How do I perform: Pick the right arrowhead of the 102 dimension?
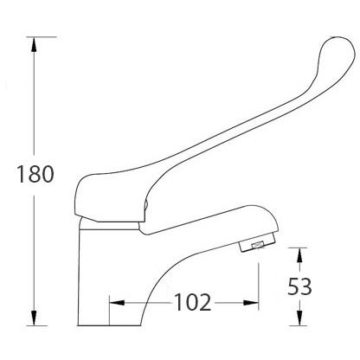(x=254, y=303)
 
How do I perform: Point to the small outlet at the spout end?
(x=254, y=248)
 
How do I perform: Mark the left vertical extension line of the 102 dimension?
(x=107, y=312)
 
